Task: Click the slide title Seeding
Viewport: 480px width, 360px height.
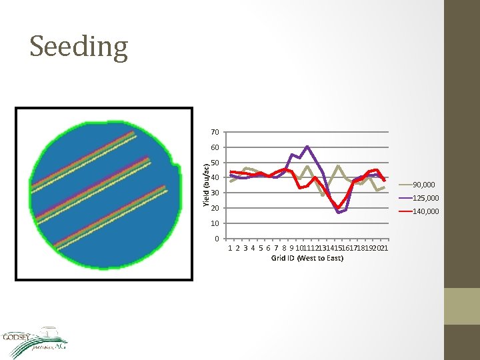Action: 79,47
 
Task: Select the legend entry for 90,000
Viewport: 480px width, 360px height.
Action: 423,185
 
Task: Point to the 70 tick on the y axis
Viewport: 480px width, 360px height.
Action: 215,132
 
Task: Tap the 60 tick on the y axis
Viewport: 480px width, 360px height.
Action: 215,147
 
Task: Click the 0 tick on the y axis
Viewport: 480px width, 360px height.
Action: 217,239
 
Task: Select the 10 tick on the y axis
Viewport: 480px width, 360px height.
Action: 215,223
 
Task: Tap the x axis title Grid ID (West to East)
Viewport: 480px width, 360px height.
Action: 307,258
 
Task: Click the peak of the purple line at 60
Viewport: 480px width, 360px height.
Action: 307,146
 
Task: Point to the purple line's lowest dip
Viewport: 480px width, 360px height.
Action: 339,212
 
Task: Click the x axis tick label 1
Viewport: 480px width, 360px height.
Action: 230,248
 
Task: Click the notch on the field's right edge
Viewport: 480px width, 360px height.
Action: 177,163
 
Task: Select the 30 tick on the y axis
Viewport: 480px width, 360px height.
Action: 215,193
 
